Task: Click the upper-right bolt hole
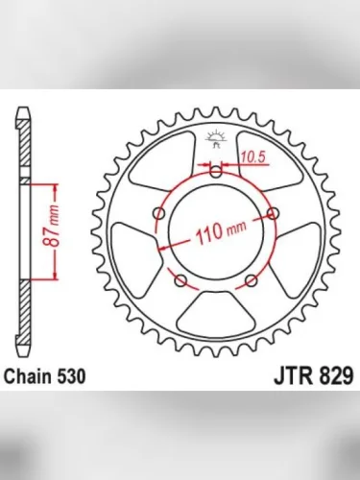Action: click(275, 212)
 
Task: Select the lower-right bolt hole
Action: click(252, 280)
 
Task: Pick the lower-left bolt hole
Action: click(180, 280)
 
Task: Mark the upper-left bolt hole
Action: click(158, 213)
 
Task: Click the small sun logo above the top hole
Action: click(216, 137)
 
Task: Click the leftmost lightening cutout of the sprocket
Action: click(133, 252)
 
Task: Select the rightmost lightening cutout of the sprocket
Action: click(299, 252)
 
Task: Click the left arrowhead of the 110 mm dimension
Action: click(162, 248)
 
